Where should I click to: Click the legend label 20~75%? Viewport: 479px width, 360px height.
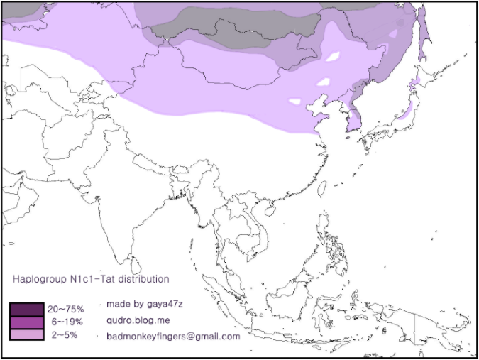coord(66,310)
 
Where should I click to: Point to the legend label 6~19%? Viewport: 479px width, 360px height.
coord(66,322)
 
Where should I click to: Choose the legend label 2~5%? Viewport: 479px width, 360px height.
coord(63,334)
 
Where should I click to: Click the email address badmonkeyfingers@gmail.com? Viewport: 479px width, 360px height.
coord(173,336)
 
